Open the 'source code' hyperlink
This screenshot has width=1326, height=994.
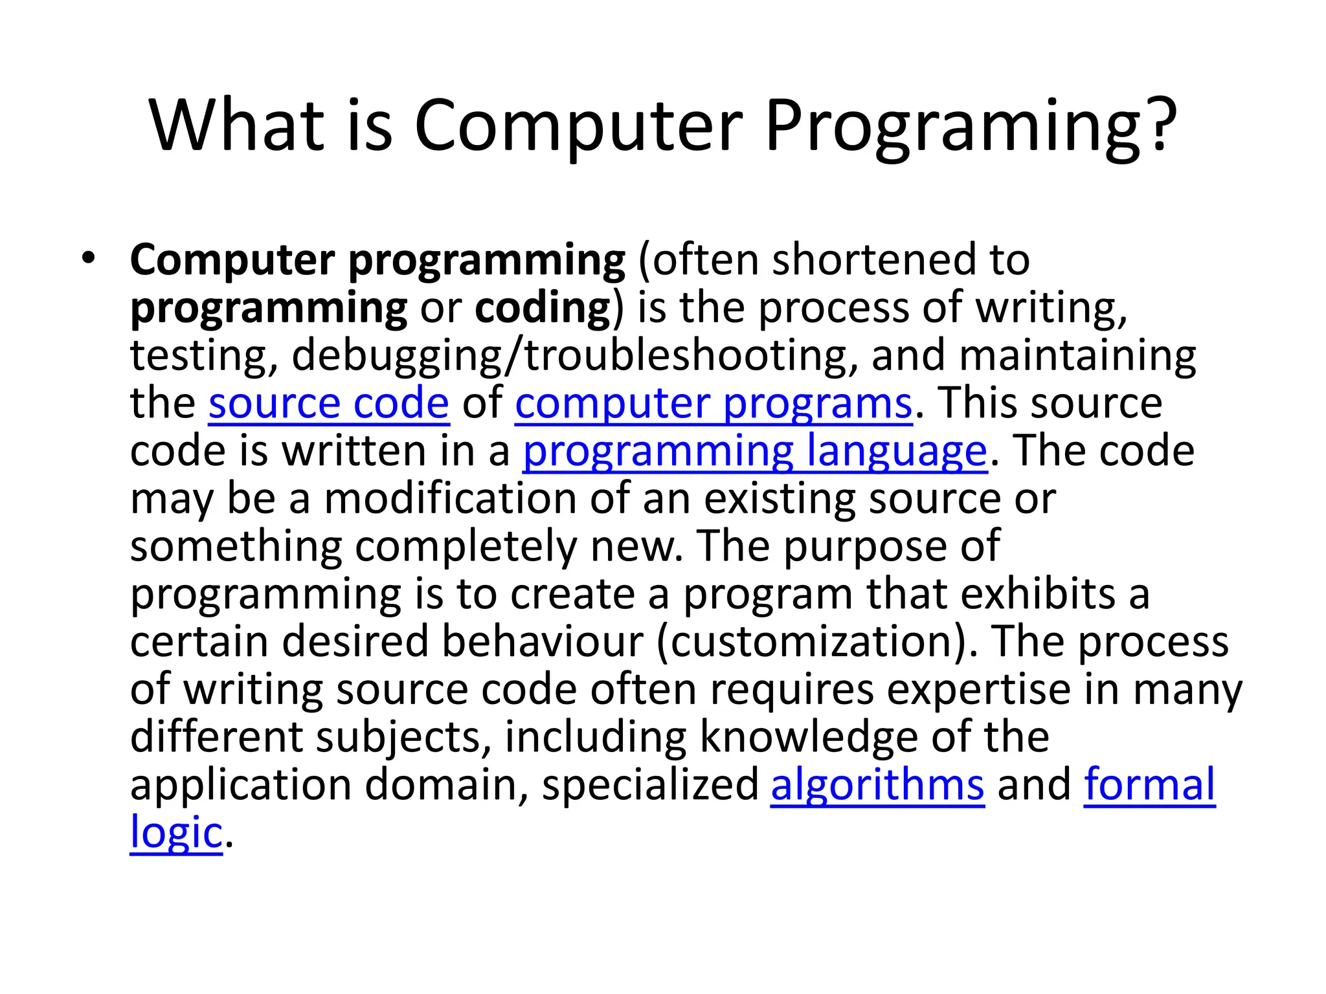(329, 403)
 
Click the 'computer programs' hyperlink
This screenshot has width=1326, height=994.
(714, 403)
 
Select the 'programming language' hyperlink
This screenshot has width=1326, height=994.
(755, 451)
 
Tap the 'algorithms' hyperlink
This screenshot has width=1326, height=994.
(877, 784)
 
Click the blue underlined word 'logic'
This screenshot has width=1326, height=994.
(176, 832)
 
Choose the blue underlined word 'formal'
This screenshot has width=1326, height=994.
(1150, 784)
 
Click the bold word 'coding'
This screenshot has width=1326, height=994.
(543, 307)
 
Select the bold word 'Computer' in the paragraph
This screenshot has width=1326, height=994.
(232, 260)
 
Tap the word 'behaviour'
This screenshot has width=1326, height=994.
(543, 641)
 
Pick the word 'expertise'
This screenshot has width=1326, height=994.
(978, 689)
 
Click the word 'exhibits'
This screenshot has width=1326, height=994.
(1038, 593)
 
